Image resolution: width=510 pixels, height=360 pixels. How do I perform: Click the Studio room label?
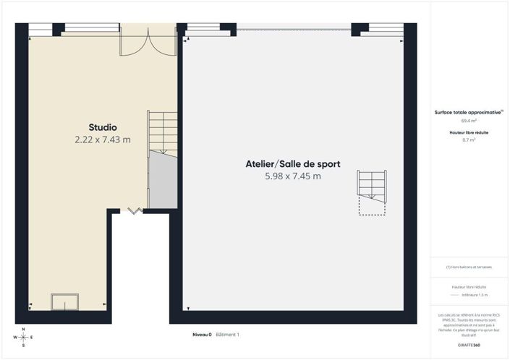(x=102, y=127)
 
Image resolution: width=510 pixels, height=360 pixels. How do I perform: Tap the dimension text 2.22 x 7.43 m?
(x=102, y=140)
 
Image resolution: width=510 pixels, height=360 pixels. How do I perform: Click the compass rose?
(x=23, y=338)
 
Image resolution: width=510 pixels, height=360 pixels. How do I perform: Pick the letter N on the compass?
(x=23, y=329)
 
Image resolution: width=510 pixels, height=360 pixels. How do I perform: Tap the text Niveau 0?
(x=202, y=335)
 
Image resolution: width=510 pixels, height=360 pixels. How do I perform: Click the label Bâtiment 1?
(x=227, y=335)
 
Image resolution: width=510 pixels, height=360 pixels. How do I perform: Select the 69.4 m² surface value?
(x=469, y=121)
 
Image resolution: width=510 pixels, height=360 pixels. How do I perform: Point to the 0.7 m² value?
(x=469, y=140)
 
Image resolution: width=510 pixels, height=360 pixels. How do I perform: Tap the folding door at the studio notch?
(x=135, y=210)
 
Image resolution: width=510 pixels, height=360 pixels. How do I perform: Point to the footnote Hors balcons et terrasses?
(x=469, y=267)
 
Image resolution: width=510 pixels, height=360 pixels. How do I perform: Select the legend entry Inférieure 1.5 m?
(x=475, y=295)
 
